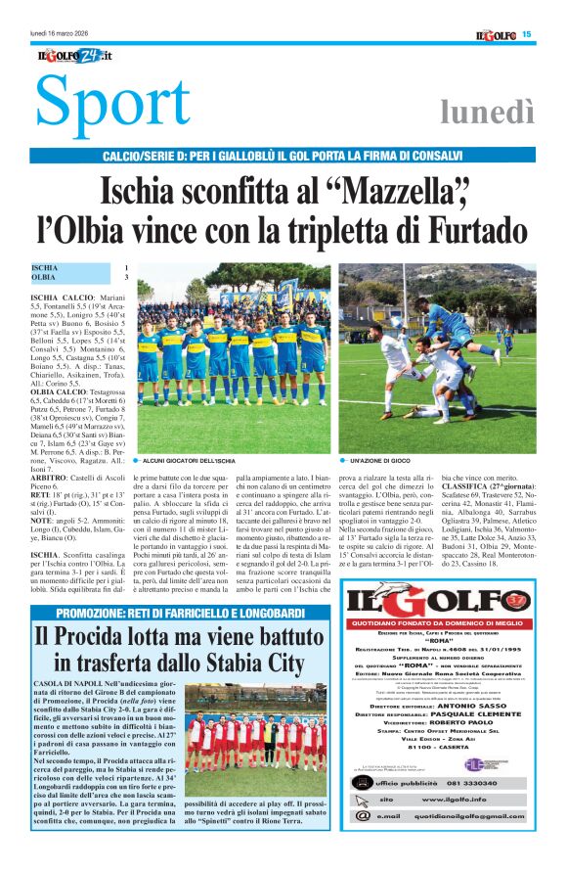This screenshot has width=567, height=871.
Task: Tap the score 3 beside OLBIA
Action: [125, 278]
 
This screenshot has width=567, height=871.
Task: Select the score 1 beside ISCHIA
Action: [125, 267]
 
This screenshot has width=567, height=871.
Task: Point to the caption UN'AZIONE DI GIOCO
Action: [380, 459]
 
